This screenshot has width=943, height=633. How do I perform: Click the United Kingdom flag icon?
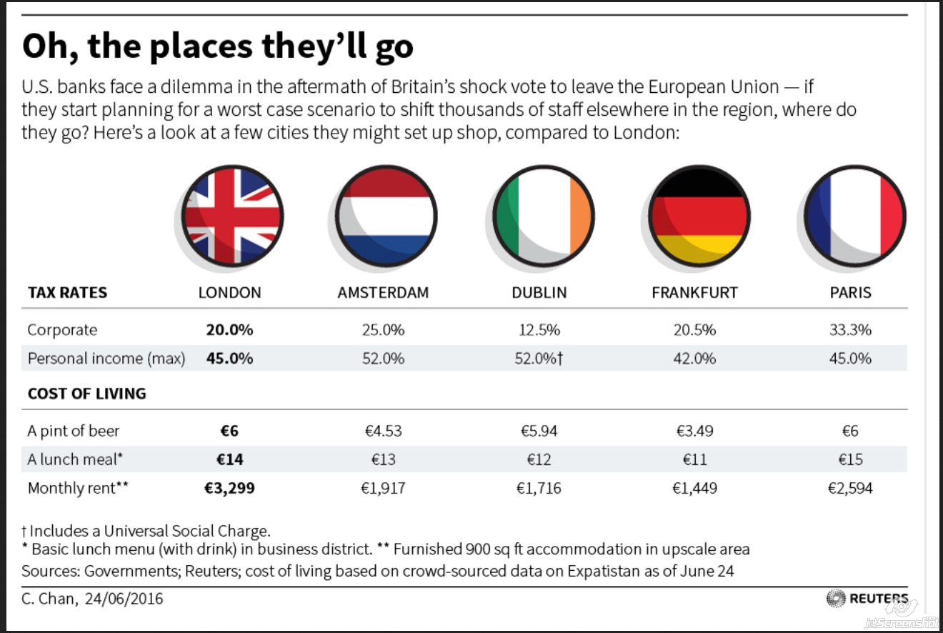pos(232,216)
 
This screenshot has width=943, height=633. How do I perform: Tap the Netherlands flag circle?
pos(386,216)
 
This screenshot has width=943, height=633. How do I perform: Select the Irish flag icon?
pos(544,216)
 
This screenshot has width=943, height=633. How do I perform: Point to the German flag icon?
pos(699,216)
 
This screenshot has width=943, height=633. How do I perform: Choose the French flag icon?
pos(855,216)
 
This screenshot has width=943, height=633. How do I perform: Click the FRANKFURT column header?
pos(694,292)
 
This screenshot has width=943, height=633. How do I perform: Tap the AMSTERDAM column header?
pos(383,292)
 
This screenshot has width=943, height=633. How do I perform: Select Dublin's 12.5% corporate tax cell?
pos(539,330)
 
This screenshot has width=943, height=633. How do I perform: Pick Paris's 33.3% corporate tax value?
pos(850,330)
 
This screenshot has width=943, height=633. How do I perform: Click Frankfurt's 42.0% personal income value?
pos(694,359)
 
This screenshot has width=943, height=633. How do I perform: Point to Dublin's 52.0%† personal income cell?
pos(539,359)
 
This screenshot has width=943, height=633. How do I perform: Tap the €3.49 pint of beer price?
pos(694,431)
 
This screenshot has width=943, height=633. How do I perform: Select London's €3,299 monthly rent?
pos(229,488)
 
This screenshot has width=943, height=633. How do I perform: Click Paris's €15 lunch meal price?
pos(850,459)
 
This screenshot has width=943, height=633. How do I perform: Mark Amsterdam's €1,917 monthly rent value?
pos(383,488)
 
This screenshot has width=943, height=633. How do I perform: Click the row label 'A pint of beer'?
pos(74,432)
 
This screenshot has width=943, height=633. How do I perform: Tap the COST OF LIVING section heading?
pos(86,394)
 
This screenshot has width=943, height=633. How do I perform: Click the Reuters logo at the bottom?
pos(867,599)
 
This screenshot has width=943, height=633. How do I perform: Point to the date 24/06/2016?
pos(124,599)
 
